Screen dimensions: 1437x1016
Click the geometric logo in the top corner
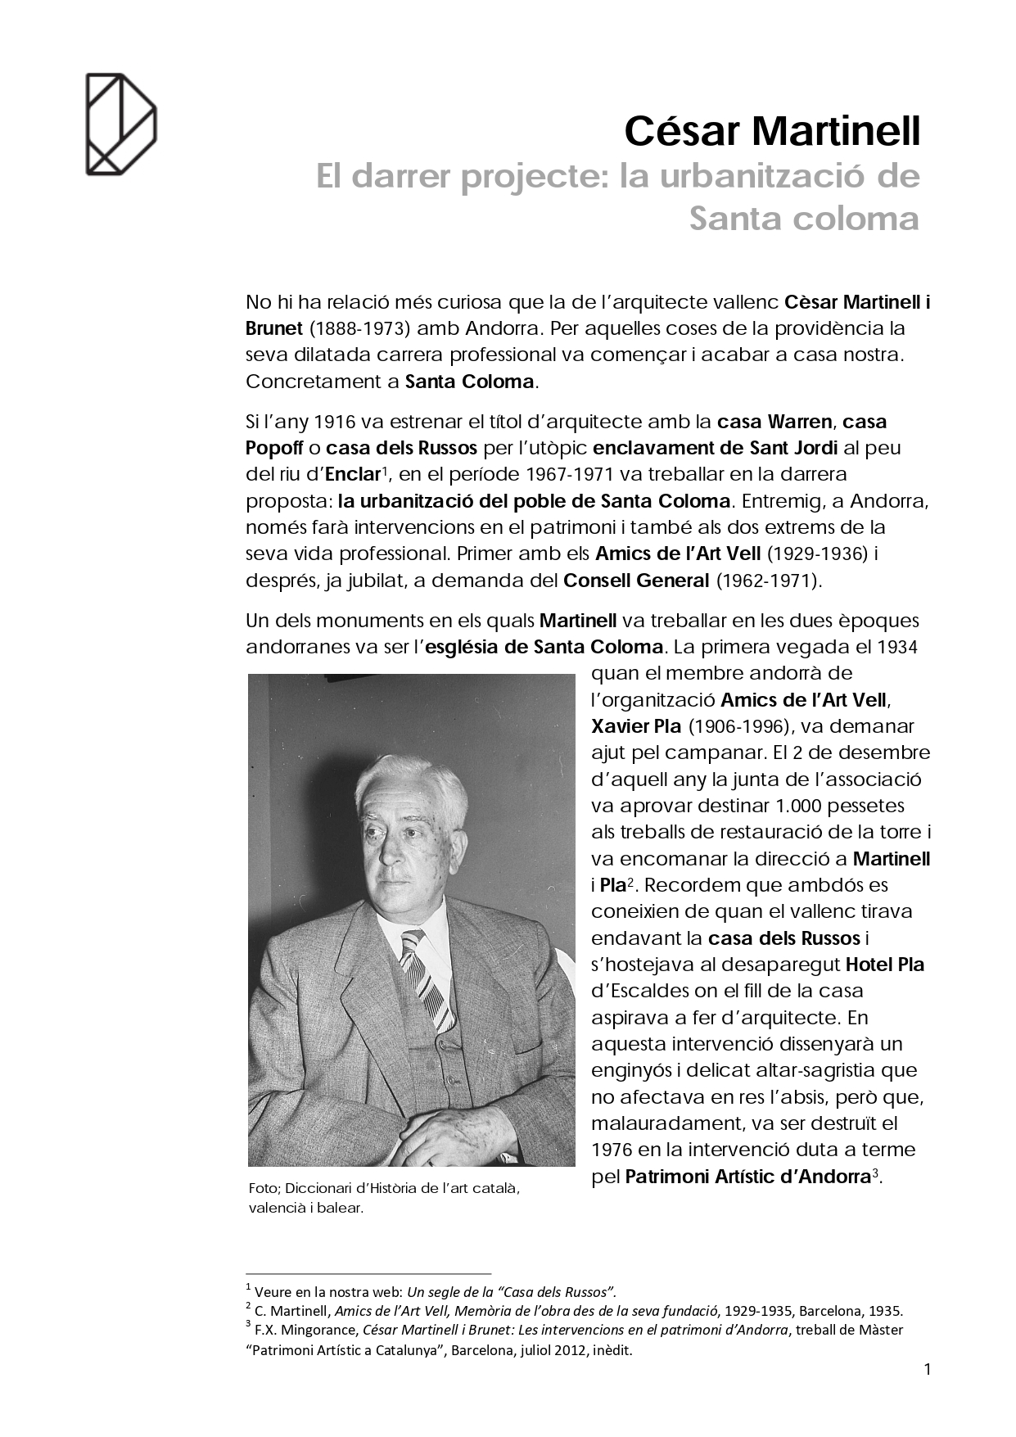[121, 124]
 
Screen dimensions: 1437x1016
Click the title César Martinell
[772, 131]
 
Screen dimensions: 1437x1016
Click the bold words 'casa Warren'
[774, 422]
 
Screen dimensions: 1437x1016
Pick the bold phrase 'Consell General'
[636, 581]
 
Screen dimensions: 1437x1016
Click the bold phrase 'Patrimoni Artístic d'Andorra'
[747, 1177]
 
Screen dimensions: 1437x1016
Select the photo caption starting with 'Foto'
[384, 1197]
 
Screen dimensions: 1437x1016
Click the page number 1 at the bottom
[928, 1369]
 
